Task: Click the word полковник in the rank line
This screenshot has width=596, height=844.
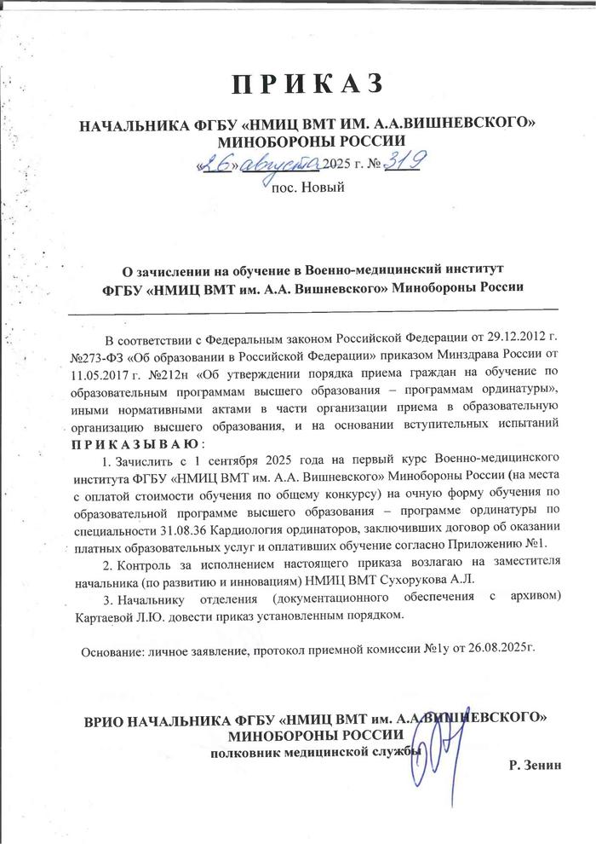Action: click(x=246, y=751)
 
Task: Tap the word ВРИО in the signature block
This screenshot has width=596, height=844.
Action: click(x=106, y=720)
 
